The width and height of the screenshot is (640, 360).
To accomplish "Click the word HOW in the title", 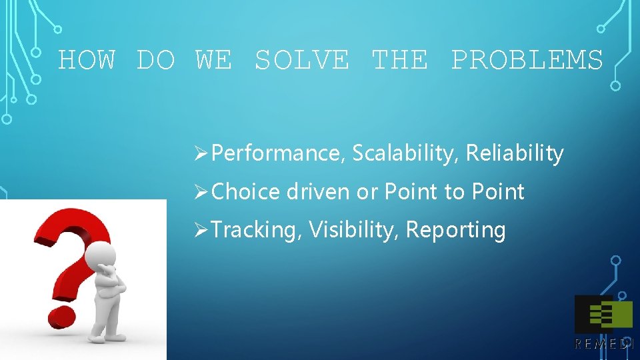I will (87, 61).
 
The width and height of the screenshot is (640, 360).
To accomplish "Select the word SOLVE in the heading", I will (301, 61).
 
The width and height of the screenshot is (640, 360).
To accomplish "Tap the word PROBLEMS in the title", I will (527, 61).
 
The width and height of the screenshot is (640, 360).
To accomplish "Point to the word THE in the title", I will (399, 61).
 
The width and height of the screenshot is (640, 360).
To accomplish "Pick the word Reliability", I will (515, 154).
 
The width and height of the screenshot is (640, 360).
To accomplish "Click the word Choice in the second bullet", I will (245, 192).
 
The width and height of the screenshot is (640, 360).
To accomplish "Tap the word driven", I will (318, 192).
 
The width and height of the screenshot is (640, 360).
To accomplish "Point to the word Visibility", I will (355, 230).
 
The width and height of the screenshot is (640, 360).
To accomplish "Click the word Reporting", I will (455, 230).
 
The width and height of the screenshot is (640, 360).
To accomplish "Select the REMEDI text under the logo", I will (603, 344).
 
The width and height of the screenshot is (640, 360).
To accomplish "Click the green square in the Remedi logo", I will (621, 314).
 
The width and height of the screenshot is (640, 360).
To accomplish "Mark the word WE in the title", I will (213, 61).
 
